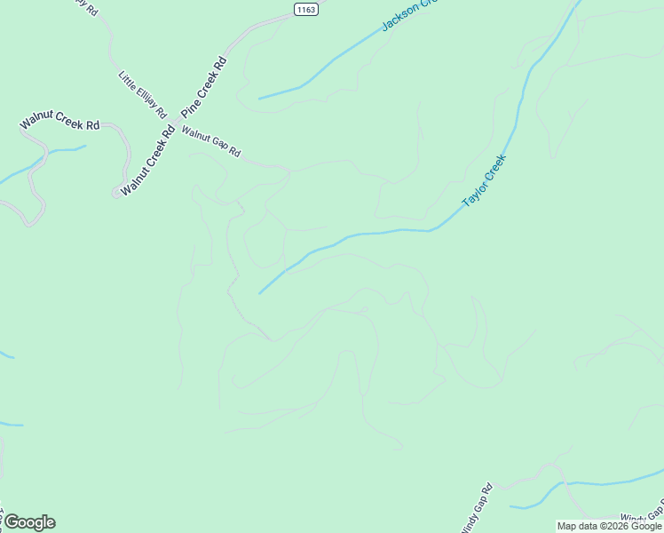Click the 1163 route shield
pos(306,8)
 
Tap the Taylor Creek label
pos(484,181)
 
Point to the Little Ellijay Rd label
pos(143,95)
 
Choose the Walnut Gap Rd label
pos(211,141)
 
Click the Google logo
pos(29,522)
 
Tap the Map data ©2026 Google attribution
pos(610,526)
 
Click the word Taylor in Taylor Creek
pos(472,196)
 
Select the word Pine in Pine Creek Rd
pos(188,109)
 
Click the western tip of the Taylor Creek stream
pos(259,293)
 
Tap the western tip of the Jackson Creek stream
pos(259,98)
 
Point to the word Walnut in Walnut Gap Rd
pos(195,134)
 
